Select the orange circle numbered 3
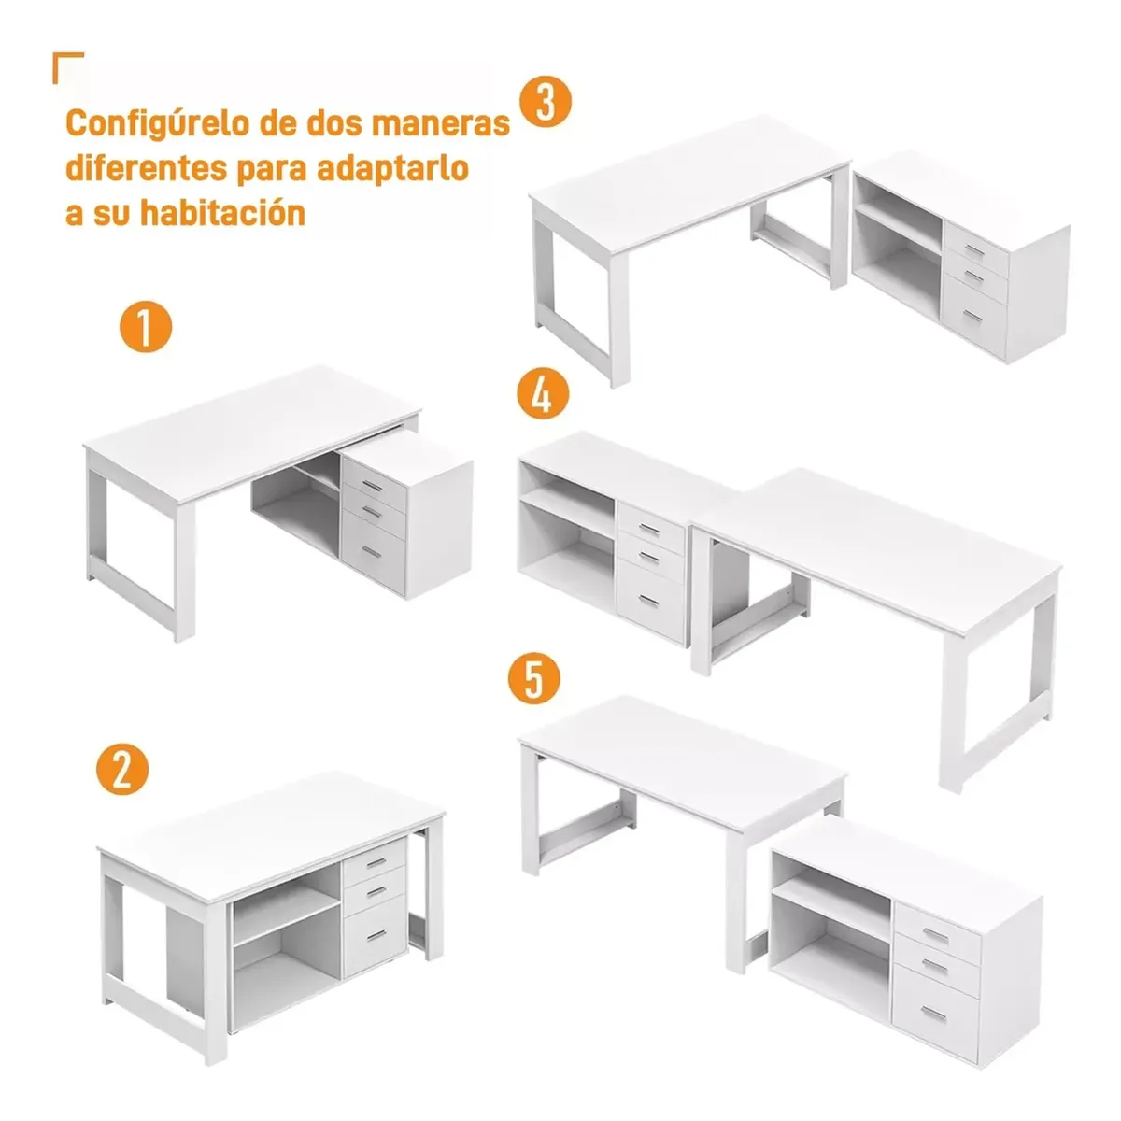[x=546, y=101]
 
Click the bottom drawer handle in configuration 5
[x=934, y=1015]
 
